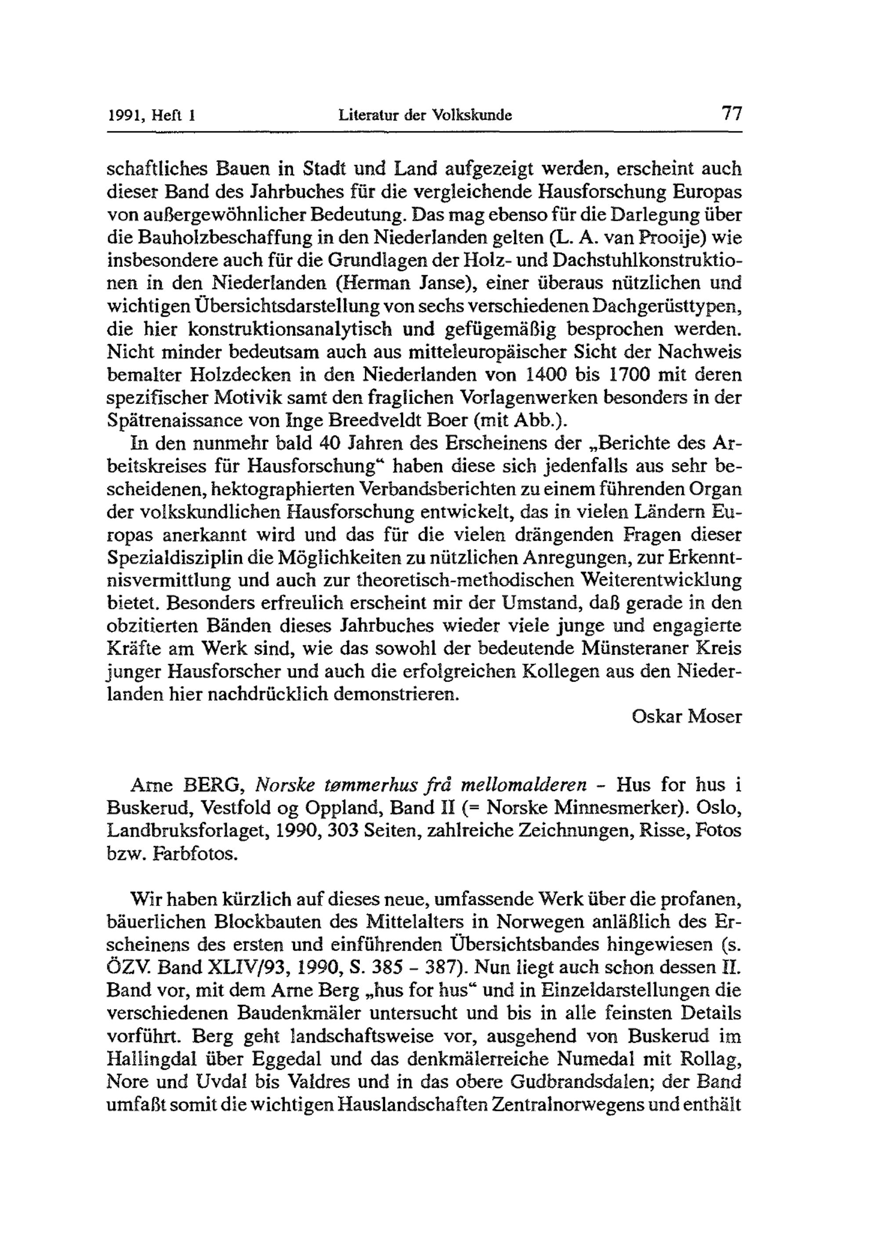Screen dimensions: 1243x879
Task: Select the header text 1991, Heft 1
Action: (151, 116)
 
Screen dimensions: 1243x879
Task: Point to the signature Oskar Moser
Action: (686, 717)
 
